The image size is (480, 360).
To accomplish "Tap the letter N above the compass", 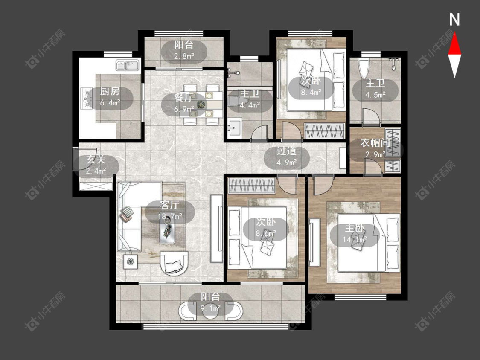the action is pos(454,20).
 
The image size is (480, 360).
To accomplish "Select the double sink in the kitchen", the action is pos(127,65).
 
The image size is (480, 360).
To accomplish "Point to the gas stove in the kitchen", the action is pos(86,99).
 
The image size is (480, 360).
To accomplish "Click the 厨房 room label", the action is pos(110,91).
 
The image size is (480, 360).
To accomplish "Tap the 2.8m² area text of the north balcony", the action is pos(184,56).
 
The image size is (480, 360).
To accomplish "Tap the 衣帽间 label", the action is pos(375,142).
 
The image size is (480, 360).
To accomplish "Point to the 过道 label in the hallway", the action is pos(287,151).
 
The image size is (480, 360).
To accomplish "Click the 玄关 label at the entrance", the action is pos(96,160).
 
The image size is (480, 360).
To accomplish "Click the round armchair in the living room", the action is pos(174,263).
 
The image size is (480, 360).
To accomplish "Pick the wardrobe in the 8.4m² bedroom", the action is pos(325,131).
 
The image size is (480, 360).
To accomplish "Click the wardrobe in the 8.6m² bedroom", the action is pos(252,185).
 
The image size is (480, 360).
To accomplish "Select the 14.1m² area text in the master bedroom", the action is pos(355,239).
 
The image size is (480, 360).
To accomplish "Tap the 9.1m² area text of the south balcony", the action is pos(211,308).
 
